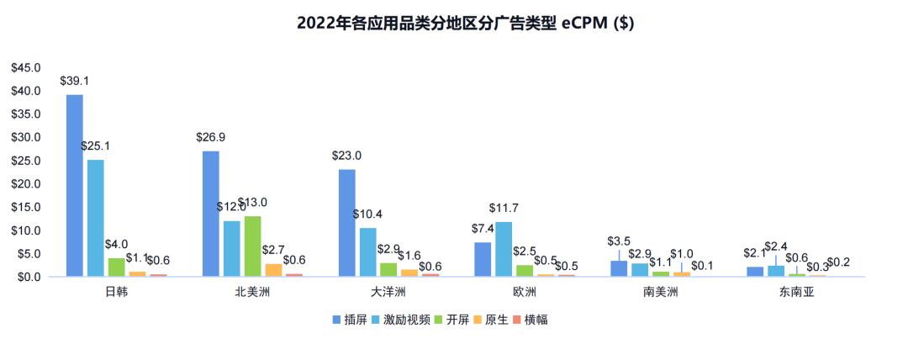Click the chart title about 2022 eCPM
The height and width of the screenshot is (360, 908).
click(465, 24)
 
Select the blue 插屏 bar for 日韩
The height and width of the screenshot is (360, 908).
click(75, 185)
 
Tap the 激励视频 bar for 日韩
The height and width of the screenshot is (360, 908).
click(96, 217)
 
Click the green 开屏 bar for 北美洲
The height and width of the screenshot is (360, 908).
click(252, 246)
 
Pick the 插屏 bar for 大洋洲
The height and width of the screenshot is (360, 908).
click(346, 222)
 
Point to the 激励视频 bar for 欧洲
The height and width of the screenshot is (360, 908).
click(503, 248)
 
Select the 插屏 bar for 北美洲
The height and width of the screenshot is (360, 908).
click(210, 213)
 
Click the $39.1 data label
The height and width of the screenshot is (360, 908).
click(75, 82)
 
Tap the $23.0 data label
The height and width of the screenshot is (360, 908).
click(346, 156)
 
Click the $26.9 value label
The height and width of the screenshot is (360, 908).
click(210, 137)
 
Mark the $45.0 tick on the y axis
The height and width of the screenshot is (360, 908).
click(25, 67)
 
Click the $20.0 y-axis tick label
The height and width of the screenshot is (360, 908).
click(25, 183)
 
